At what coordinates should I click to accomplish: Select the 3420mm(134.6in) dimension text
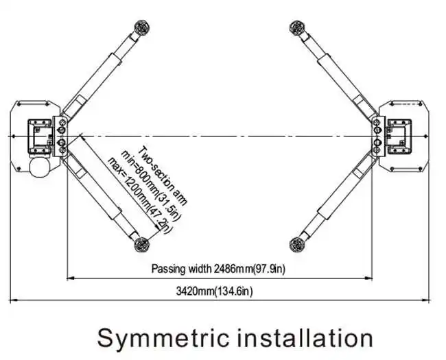point(215,292)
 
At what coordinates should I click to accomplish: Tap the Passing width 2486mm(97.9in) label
point(218,268)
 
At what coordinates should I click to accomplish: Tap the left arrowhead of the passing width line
point(69,278)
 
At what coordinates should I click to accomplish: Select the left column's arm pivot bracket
point(62,136)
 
